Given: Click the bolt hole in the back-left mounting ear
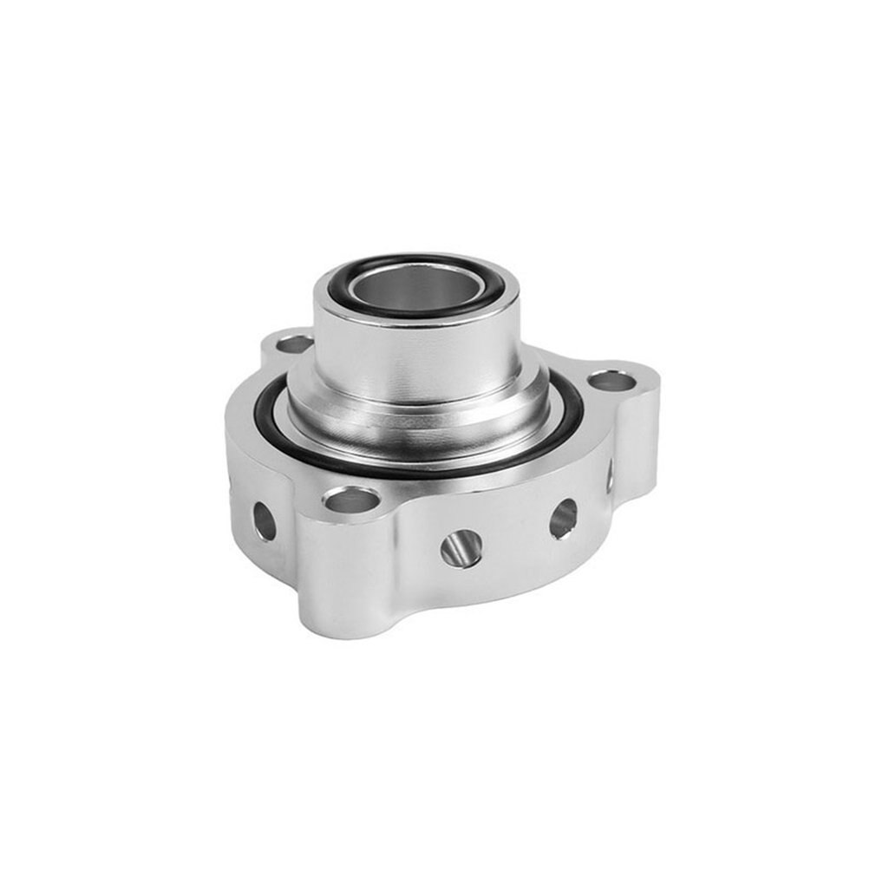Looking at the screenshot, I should coord(294,344).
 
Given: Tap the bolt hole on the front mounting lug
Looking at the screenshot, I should coord(350,500).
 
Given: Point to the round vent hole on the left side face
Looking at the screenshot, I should coord(264,521).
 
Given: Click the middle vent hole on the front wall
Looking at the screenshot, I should coord(461,548).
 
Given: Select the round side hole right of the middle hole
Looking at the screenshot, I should coord(563,519).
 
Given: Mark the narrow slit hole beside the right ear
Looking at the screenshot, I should coord(610,476).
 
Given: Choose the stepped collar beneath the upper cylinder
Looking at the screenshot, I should coord(416,425).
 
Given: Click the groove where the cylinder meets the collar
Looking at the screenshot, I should coord(416,401).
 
